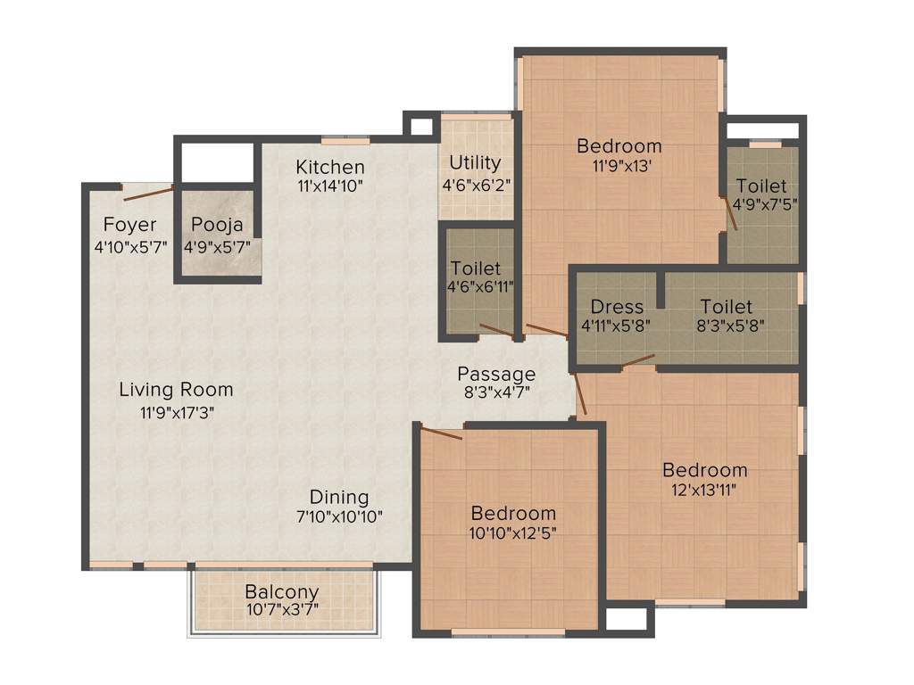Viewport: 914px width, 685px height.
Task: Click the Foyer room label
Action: pos(129,225)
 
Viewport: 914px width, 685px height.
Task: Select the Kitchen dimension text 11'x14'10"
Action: pos(330,186)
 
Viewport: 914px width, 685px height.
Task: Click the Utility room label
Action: pos(475,163)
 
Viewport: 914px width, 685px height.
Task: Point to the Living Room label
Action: pos(177,390)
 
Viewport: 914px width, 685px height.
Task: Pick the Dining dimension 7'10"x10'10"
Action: pos(339,516)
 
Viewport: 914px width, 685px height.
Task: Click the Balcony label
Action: pos(282,592)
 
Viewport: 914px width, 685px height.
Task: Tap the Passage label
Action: pos(496,374)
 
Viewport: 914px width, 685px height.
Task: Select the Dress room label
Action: pos(616,307)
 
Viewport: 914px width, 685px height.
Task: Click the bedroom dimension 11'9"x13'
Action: pos(619,165)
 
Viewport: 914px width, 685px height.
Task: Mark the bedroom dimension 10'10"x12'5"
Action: pos(513,533)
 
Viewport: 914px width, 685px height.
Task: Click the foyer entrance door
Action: pos(148,194)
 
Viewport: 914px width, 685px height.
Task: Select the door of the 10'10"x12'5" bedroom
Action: pos(442,433)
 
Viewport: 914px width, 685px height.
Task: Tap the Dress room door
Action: pos(638,360)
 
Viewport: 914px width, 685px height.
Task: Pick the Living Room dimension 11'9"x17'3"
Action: pos(177,412)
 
